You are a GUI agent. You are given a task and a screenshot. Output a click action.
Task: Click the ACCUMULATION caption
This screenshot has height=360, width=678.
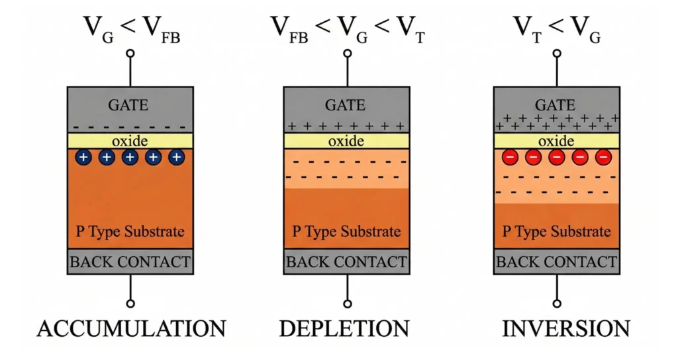click(130, 328)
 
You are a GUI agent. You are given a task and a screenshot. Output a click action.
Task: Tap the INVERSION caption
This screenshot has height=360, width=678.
click(557, 328)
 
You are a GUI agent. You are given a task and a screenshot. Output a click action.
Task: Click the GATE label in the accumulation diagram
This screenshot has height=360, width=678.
click(130, 105)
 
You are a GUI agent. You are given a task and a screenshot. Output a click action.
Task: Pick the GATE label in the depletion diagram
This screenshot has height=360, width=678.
click(346, 105)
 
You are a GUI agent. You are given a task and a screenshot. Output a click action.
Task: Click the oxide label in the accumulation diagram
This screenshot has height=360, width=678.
click(130, 140)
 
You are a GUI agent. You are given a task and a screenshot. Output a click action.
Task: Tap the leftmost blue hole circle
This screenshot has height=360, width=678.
click(83, 157)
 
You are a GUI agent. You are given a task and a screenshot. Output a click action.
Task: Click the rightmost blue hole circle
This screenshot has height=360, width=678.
click(176, 157)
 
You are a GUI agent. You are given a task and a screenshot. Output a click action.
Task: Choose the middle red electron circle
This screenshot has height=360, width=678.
click(557, 157)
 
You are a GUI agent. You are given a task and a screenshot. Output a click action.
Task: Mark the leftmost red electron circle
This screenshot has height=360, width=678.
click(510, 157)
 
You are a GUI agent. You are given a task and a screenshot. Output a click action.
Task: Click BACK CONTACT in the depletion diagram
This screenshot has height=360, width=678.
click(346, 262)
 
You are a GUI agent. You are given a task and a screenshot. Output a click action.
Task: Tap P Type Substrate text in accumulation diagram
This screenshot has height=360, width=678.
click(130, 232)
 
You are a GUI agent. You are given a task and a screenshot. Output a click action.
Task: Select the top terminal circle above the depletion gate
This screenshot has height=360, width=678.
click(346, 53)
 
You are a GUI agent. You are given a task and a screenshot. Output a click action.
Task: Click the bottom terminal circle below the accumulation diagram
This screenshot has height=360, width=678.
click(130, 304)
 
